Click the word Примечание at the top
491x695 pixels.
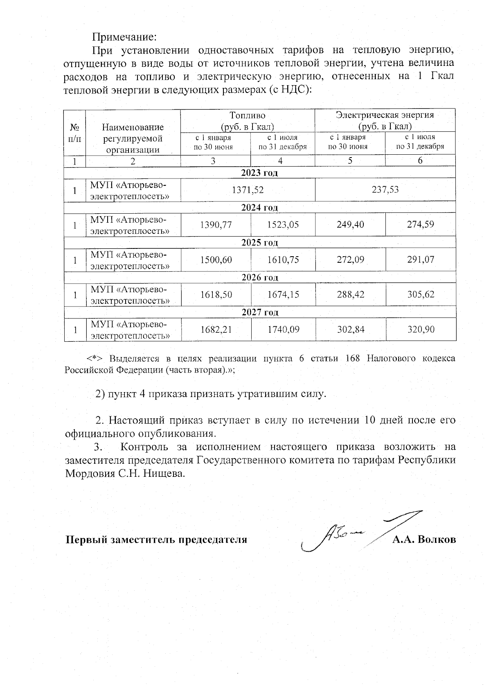click(124, 37)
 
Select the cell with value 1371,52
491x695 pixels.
click(248, 190)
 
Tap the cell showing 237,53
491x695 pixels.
click(385, 190)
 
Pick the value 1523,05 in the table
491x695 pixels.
click(283, 224)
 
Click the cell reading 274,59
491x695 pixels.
click(420, 224)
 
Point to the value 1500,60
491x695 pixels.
click(216, 259)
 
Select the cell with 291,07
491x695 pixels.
click(420, 259)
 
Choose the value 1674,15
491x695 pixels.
click(283, 294)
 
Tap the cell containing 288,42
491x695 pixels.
click(350, 294)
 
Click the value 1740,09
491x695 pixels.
click(283, 329)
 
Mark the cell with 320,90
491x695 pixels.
click(420, 329)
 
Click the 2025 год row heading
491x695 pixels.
click(259, 243)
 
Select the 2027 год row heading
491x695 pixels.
click(259, 313)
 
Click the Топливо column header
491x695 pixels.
click(247, 116)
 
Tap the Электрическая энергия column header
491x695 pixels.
click(385, 115)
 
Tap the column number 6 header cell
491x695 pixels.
click(420, 160)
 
